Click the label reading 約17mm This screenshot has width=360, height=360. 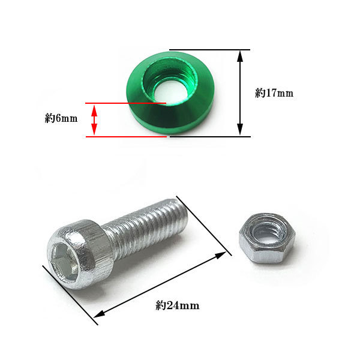pos(274,93)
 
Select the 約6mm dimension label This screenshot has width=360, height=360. pos(61,118)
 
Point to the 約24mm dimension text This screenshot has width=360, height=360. pos(177,305)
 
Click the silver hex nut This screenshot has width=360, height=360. pos(267,238)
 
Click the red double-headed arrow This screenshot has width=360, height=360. pos(94,120)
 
